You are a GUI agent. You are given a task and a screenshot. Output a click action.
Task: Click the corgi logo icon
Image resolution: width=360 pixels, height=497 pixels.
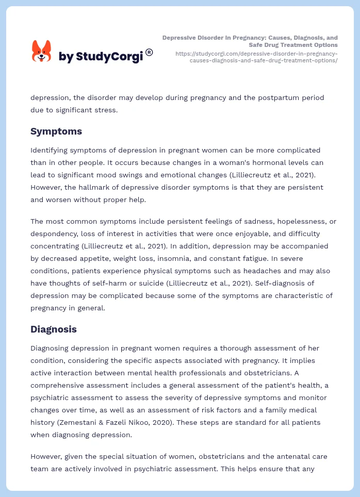coord(42,52)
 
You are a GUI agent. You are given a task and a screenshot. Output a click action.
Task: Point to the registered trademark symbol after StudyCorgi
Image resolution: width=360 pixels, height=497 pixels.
coord(149,52)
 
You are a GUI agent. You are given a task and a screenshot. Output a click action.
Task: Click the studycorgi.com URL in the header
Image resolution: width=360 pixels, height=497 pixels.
coord(256,57)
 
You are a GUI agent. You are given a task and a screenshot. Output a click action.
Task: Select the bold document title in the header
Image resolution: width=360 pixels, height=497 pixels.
coord(250,41)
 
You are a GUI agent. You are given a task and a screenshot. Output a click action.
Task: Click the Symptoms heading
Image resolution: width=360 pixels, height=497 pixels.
coord(56,131)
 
